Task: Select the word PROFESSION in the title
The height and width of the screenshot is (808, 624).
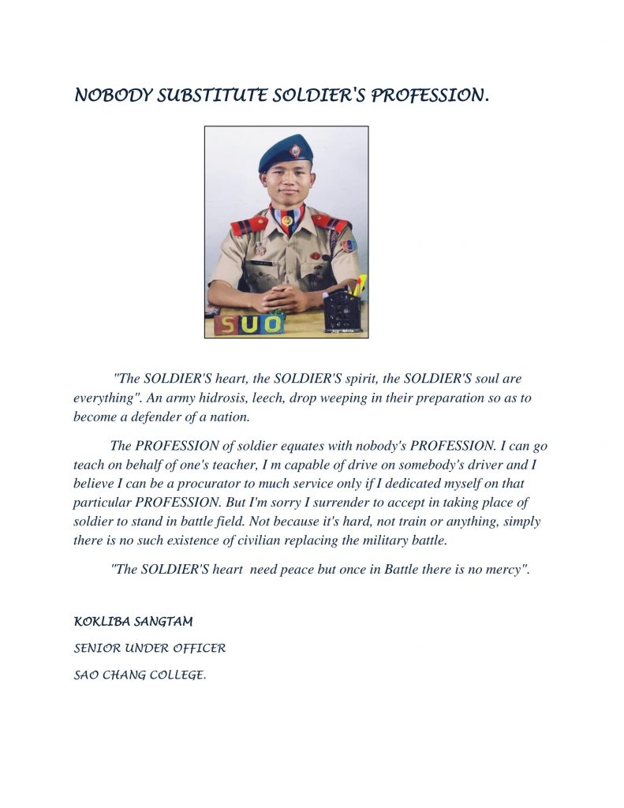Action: click(430, 96)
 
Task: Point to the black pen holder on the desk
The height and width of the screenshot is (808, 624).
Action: click(342, 310)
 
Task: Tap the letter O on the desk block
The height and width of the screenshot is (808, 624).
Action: click(272, 323)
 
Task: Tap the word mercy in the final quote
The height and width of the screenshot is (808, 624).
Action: click(506, 570)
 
